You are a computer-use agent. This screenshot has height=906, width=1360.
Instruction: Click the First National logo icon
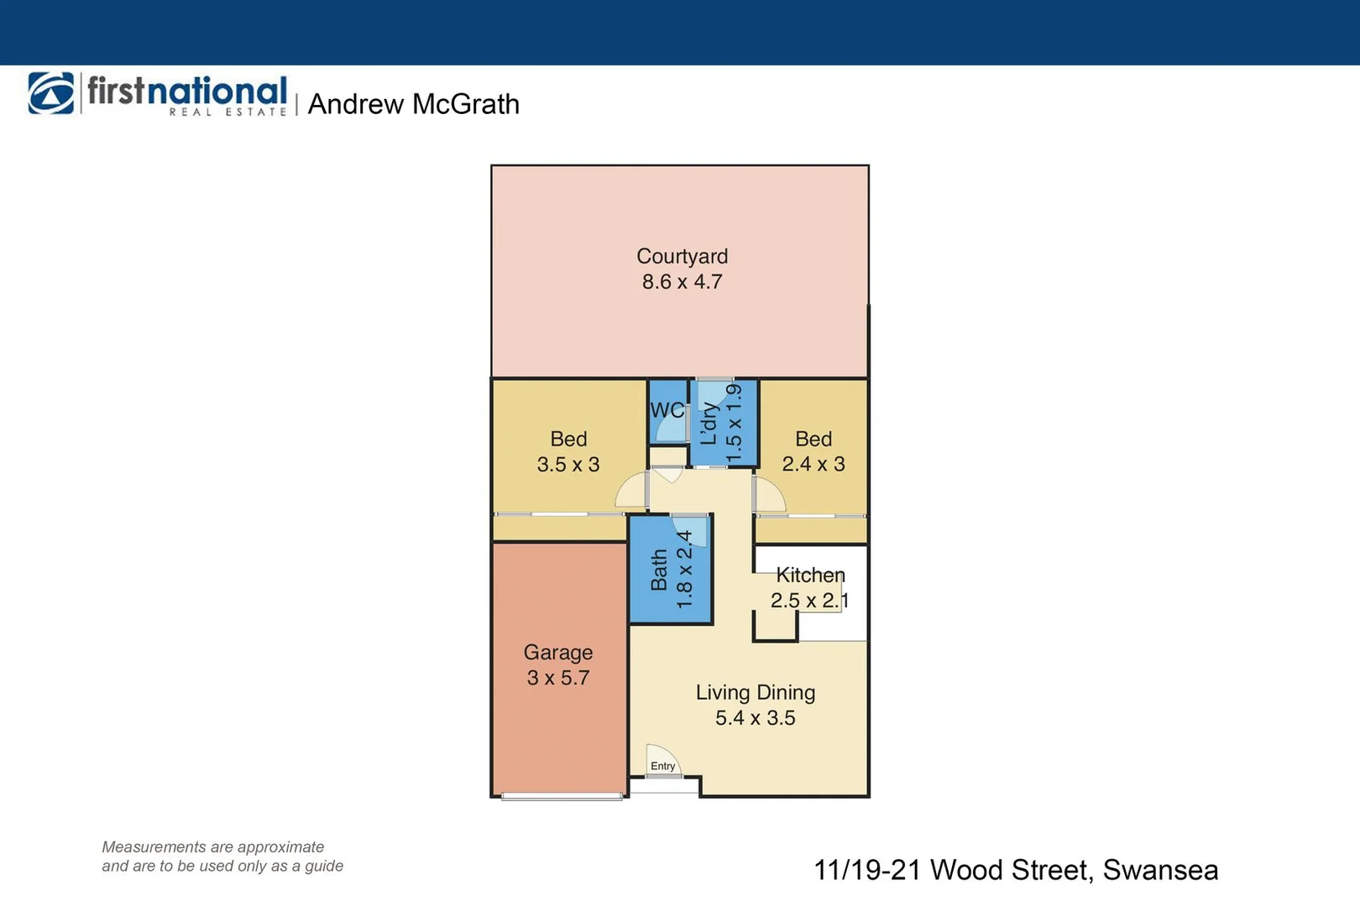point(51,93)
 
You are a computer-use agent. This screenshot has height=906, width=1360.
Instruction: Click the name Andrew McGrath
point(414,104)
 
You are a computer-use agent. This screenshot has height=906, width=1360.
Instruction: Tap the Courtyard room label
point(682,256)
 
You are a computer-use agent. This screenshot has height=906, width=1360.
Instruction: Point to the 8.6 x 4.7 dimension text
point(682,282)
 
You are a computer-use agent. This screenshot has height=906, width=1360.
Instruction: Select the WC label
point(667,410)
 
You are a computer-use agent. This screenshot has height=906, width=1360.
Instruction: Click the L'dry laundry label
point(709,423)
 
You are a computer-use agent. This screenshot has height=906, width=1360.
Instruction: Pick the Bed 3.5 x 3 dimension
point(568,465)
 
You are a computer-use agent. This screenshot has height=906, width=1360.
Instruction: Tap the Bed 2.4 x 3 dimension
point(813,464)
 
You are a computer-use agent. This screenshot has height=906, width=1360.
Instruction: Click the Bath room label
point(660,570)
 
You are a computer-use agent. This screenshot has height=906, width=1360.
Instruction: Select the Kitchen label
point(810,575)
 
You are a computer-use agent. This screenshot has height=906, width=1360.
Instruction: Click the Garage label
point(558,652)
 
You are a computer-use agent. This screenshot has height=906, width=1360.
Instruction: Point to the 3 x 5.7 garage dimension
point(558,678)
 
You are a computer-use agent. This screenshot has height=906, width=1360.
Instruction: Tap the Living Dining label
point(755,692)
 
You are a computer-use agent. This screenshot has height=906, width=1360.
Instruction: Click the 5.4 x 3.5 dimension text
point(755,718)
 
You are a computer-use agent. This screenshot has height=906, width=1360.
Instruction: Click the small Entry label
point(662,766)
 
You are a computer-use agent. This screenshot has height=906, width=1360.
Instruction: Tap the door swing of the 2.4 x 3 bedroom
point(768,495)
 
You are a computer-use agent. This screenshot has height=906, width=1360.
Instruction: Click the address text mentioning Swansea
point(1016,870)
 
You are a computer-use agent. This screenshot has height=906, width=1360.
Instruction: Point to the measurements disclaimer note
point(222,857)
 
